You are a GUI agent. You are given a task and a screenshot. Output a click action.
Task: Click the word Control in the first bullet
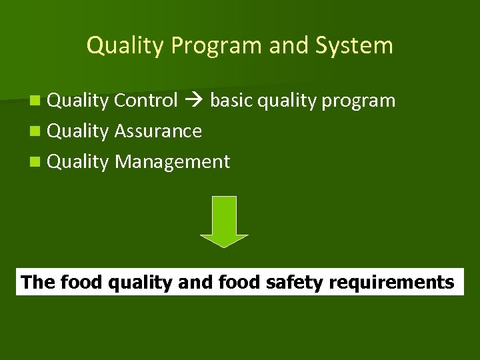click(x=146, y=101)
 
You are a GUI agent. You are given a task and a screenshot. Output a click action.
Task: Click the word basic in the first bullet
click(x=231, y=101)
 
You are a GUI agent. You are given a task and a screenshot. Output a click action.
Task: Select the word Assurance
click(x=158, y=131)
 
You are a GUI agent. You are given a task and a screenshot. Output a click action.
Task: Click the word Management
click(x=172, y=162)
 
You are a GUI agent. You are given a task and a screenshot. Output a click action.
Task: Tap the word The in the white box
click(x=38, y=283)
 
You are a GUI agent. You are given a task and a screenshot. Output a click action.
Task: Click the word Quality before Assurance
click(x=79, y=131)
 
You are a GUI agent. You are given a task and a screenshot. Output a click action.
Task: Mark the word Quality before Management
click(x=79, y=162)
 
